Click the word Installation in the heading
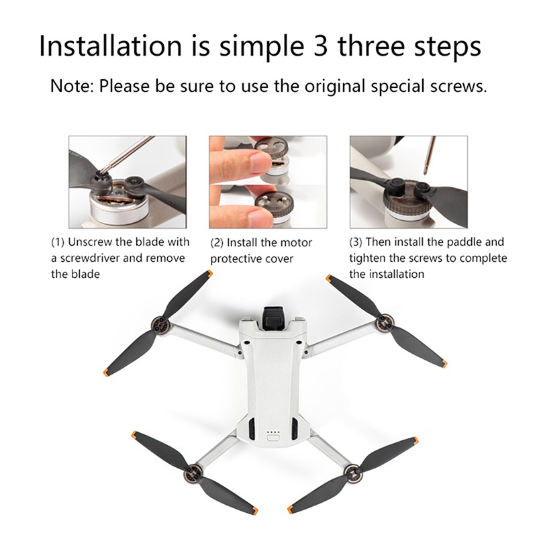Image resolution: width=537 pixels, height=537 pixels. pyautogui.click(x=110, y=46)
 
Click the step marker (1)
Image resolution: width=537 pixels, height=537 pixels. pyautogui.click(x=59, y=242)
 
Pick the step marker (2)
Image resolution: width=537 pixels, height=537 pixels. pyautogui.click(x=217, y=242)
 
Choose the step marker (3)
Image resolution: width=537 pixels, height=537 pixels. pyautogui.click(x=357, y=242)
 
